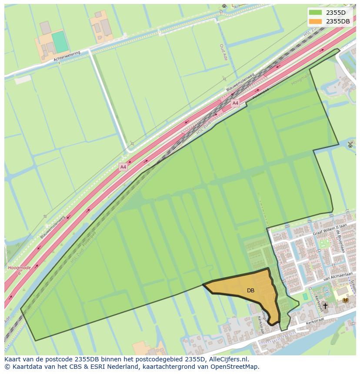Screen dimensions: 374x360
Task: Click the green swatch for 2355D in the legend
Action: click(x=316, y=12)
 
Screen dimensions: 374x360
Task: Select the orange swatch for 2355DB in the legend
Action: click(x=316, y=21)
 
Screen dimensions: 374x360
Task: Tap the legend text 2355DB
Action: click(x=338, y=21)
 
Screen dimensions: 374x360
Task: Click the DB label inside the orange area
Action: click(x=250, y=291)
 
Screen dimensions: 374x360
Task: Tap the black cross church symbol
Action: click(x=325, y=306)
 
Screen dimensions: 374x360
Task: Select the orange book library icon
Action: click(x=345, y=300)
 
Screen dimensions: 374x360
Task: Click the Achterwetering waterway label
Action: click(x=67, y=56)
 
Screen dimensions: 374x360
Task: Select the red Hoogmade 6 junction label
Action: click(x=19, y=270)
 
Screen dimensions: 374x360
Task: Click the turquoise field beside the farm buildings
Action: click(x=60, y=42)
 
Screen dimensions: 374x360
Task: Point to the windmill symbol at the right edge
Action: click(x=351, y=144)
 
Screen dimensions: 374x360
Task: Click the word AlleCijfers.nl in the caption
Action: click(x=227, y=359)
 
